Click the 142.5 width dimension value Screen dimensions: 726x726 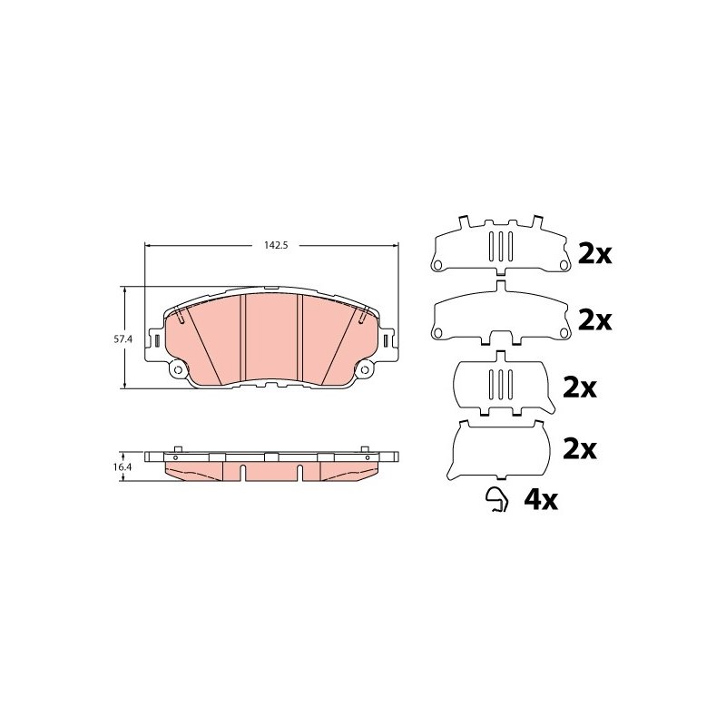pos(276,245)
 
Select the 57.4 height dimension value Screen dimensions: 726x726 pos(123,339)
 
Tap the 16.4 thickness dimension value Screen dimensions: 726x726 pos(123,467)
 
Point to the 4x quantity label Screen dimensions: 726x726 pos(541,499)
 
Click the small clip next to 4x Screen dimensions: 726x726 pos(496,501)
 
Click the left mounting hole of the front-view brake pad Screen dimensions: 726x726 pos(177,369)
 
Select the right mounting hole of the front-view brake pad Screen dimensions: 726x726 pos(365,369)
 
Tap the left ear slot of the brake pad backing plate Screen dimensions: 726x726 pos(156,341)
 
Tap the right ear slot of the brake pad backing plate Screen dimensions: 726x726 pos(386,341)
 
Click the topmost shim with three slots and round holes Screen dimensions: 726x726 pos(500,246)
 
